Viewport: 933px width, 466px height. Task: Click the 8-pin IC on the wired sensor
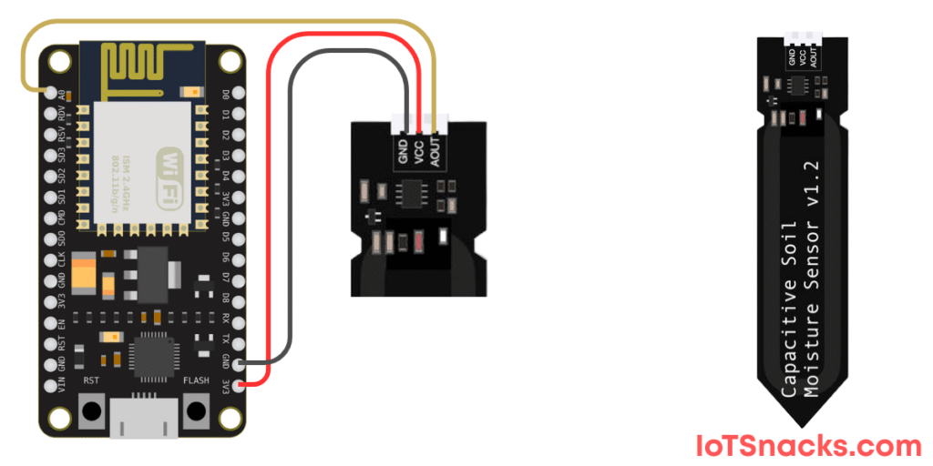[x=411, y=192]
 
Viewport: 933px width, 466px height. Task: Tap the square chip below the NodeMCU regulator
[x=148, y=350]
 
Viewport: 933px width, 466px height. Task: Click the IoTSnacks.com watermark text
[x=809, y=446]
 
